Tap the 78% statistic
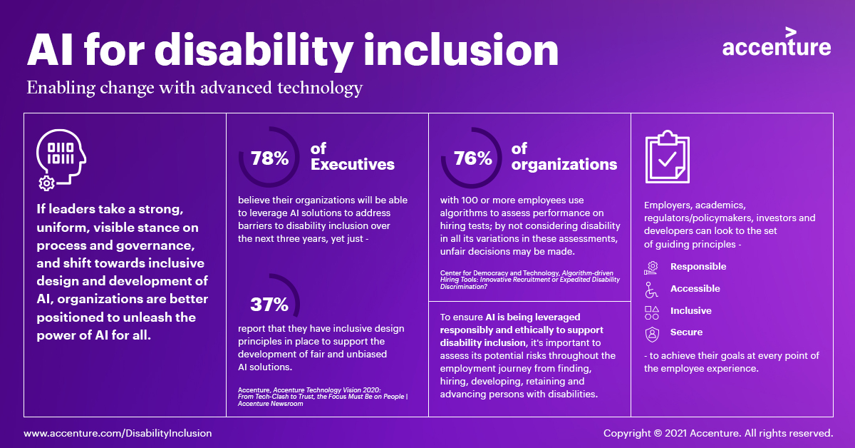tap(269, 158)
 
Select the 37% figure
tap(269, 305)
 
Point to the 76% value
tap(473, 158)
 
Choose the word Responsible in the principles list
tap(698, 267)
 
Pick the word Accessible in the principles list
tap(695, 289)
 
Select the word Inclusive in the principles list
tap(691, 311)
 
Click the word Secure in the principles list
tap(687, 332)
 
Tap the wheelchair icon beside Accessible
tap(651, 289)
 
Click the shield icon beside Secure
tap(651, 333)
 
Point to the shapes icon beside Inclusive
tap(651, 312)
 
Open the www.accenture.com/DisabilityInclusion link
tap(118, 433)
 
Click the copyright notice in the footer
tap(718, 433)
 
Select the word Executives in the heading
tap(353, 164)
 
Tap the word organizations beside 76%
tap(564, 164)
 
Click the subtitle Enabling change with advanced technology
tap(195, 88)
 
